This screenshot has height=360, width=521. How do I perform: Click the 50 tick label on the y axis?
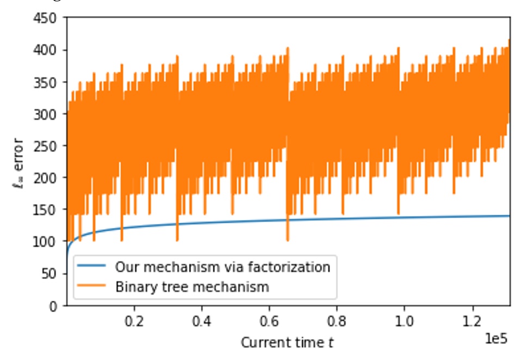52,274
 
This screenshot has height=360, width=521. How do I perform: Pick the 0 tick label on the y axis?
56,306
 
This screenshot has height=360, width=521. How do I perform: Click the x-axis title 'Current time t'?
287,343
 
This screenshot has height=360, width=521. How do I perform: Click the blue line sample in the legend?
93,267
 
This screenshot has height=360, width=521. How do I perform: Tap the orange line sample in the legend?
93,286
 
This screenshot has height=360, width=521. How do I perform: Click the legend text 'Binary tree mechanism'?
192,286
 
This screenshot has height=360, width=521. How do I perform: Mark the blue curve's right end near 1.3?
508,216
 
